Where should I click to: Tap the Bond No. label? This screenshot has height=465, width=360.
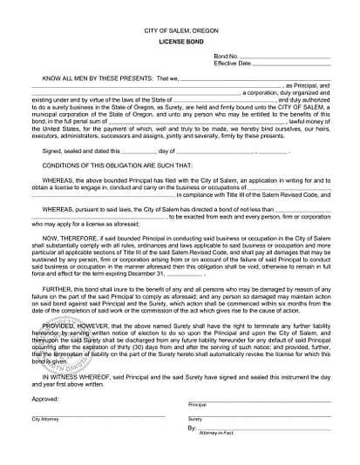[x=225, y=56]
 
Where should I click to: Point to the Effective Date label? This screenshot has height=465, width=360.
[x=232, y=64]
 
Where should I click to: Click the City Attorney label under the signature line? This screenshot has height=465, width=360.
[x=44, y=419]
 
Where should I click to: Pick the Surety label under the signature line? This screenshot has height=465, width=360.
[x=195, y=419]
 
